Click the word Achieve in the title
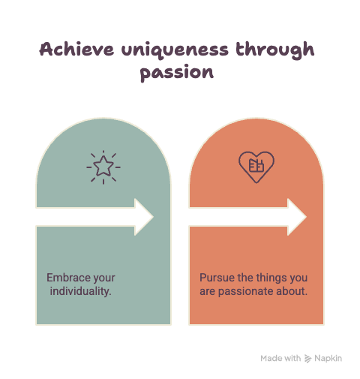tap(76, 49)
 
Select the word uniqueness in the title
tap(175, 50)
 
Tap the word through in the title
tap(274, 50)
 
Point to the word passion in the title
tap(177, 73)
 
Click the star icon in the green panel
tap(103, 167)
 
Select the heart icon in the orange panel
tap(256, 167)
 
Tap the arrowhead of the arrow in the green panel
tap(144, 217)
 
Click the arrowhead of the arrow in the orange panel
tap(297, 217)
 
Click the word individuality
tap(80, 291)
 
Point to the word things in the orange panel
tap(271, 278)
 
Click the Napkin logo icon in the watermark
tap(307, 359)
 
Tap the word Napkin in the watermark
tap(328, 359)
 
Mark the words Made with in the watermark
tap(280, 358)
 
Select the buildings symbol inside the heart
tap(256, 165)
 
